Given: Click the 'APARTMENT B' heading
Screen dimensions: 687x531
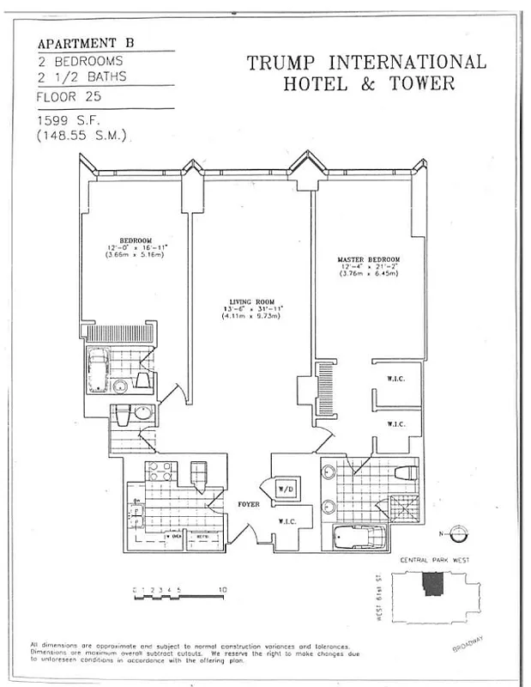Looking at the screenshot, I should (86, 43).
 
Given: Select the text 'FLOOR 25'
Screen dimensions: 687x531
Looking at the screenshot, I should (68, 97).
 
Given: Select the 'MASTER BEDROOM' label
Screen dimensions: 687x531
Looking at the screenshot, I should (370, 259).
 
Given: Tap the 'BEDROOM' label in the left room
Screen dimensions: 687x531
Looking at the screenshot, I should (136, 240).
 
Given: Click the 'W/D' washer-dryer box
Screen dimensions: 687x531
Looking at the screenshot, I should (286, 489).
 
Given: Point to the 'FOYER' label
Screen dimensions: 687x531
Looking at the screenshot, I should (249, 505).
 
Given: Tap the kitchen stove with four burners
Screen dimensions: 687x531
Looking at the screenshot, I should (158, 471).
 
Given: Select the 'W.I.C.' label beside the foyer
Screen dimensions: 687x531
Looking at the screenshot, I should (287, 520).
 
